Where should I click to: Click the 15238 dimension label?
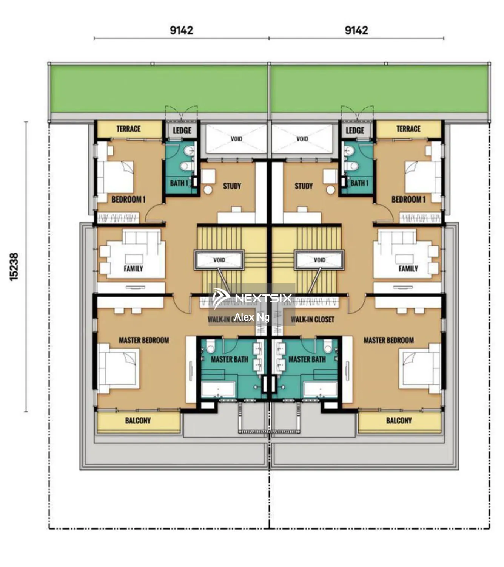click(14, 266)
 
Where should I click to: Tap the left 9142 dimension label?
click(181, 30)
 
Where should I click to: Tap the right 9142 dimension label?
click(356, 30)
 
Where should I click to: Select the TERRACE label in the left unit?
click(128, 129)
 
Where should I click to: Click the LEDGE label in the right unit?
click(355, 130)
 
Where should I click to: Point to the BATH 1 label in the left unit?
click(179, 183)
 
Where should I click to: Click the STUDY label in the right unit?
click(304, 186)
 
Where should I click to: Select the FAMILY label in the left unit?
click(133, 269)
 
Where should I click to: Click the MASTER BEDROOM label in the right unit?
click(388, 340)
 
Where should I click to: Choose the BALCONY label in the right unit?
click(399, 420)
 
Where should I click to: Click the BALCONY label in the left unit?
click(138, 420)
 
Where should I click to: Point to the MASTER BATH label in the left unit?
click(229, 359)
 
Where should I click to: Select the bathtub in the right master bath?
click(320, 389)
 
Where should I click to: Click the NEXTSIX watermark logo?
click(252, 298)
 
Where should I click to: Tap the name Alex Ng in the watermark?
click(252, 317)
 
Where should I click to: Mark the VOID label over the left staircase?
click(219, 260)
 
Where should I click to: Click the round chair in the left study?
click(208, 190)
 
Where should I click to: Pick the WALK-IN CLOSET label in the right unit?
click(312, 319)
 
